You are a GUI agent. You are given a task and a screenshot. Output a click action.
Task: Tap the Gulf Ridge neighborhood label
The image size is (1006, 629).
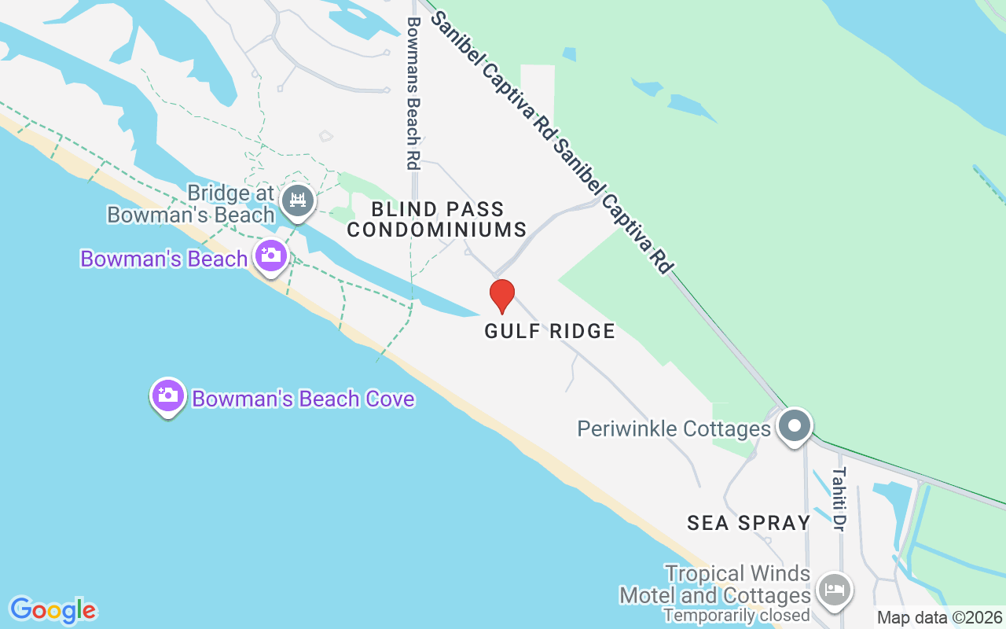549,331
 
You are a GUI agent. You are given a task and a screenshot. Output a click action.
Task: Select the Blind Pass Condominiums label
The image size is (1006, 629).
437,219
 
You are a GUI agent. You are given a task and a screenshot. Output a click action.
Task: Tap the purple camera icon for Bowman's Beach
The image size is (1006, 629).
271,256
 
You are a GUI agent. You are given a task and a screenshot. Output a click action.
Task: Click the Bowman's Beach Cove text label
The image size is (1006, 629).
303,399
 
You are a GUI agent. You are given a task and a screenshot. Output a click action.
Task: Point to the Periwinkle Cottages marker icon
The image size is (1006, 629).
795,426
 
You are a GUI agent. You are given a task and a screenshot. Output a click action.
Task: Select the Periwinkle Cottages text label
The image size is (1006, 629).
674,429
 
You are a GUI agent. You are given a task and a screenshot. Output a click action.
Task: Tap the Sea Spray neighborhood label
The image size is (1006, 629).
748,523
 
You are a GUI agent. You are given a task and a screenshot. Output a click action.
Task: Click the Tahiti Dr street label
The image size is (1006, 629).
839,498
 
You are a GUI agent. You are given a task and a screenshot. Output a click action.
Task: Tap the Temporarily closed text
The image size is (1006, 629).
736,615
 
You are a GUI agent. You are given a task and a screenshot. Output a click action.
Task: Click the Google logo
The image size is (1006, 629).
53,609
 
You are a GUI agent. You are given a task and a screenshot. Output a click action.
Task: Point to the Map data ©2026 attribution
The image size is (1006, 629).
939,618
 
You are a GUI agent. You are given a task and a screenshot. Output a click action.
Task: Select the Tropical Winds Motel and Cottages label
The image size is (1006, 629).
715,584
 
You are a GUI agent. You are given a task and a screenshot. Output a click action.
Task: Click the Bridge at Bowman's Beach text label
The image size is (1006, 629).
191,204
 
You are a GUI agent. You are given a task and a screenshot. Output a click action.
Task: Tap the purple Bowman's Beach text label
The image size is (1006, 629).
163,259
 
